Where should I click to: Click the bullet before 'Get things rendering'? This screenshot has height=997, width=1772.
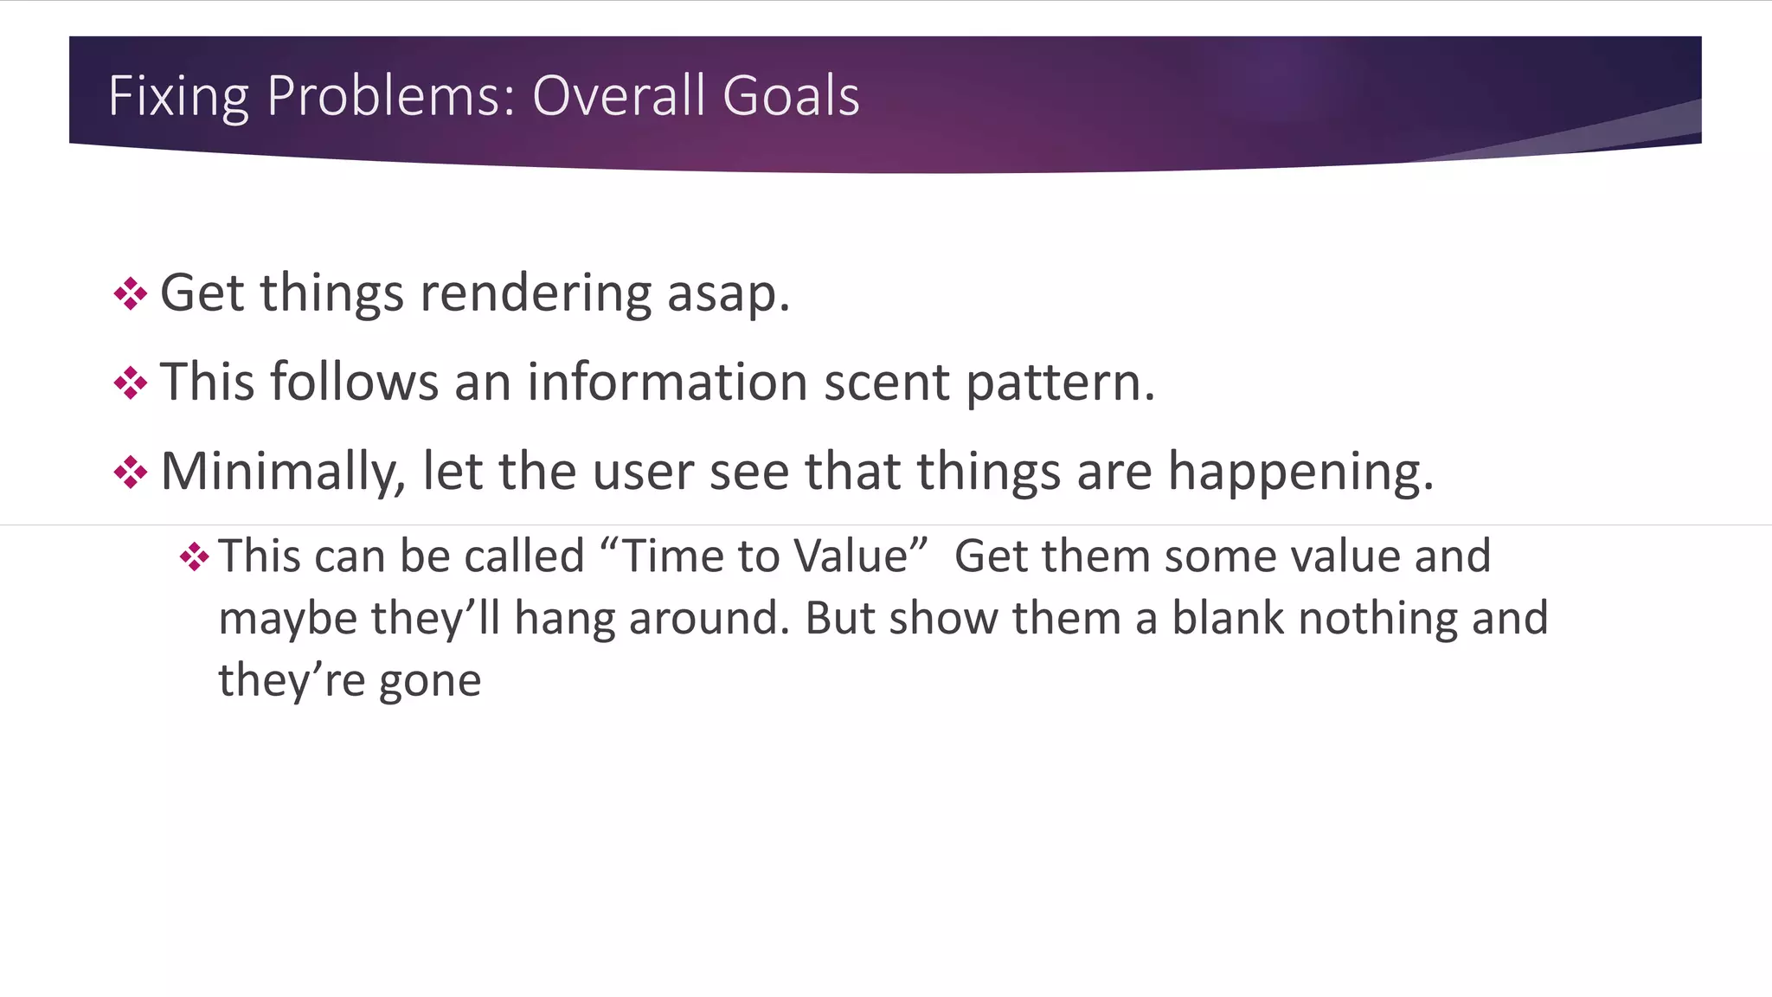(x=131, y=293)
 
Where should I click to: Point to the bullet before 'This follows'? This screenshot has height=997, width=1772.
(x=131, y=383)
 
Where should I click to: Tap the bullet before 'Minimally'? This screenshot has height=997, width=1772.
(x=131, y=473)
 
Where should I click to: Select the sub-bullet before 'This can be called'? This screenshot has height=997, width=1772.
(x=195, y=556)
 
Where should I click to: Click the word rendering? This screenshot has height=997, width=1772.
(x=536, y=293)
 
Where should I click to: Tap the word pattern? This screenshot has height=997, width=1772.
(x=1060, y=383)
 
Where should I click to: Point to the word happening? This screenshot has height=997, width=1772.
(x=1300, y=473)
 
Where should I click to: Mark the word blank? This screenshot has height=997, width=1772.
(x=1228, y=618)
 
